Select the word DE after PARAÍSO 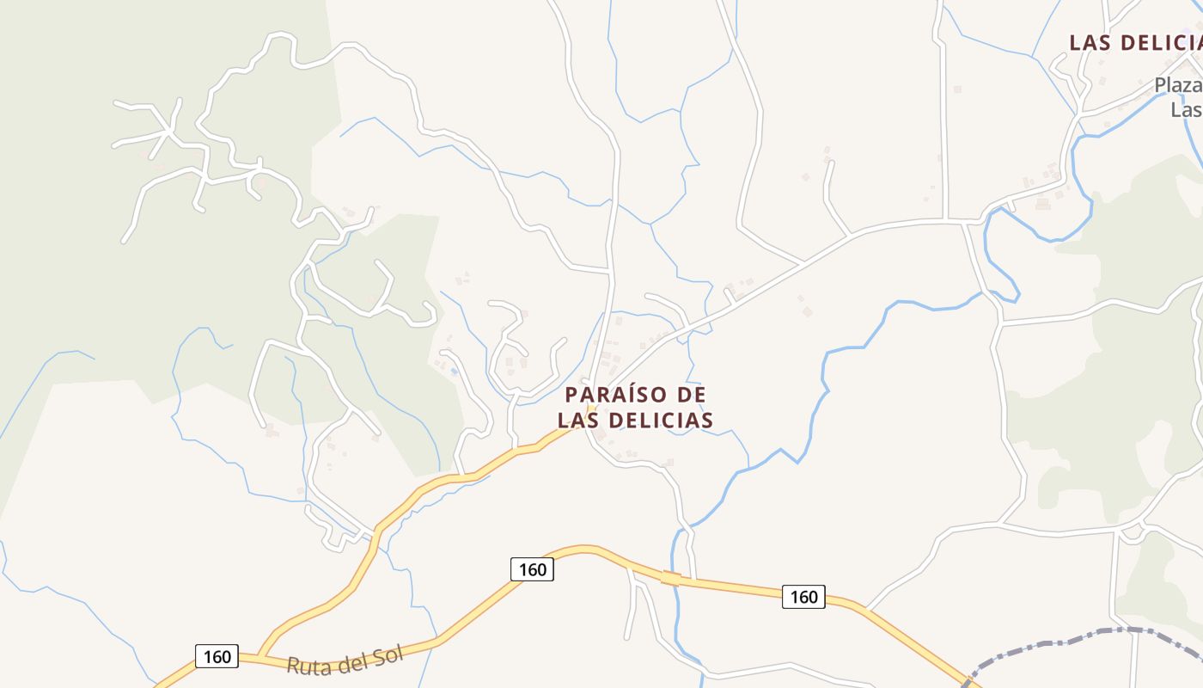(692, 395)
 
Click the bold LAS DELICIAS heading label (1134, 42)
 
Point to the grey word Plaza (1177, 85)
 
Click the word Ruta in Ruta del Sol (308, 665)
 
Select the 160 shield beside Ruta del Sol (217, 657)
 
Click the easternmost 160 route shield (803, 596)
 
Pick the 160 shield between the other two (532, 569)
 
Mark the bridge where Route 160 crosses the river (672, 578)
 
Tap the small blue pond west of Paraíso (453, 372)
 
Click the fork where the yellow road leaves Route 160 (260, 656)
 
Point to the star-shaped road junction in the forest (168, 133)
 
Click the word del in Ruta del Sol (351, 661)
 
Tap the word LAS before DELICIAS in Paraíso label (581, 420)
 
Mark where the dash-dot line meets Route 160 (968, 682)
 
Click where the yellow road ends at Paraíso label (590, 411)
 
